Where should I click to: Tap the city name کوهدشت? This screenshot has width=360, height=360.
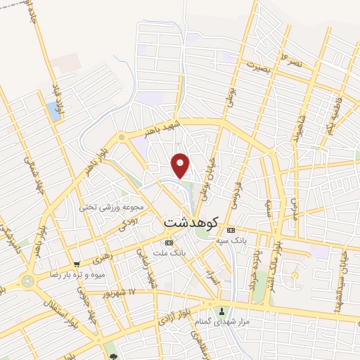coord(191,221)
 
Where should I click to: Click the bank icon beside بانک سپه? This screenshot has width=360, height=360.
coord(231,231)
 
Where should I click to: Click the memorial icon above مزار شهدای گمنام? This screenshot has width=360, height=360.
coord(222,311)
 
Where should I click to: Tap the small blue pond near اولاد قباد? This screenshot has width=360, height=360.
coord(53,109)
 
